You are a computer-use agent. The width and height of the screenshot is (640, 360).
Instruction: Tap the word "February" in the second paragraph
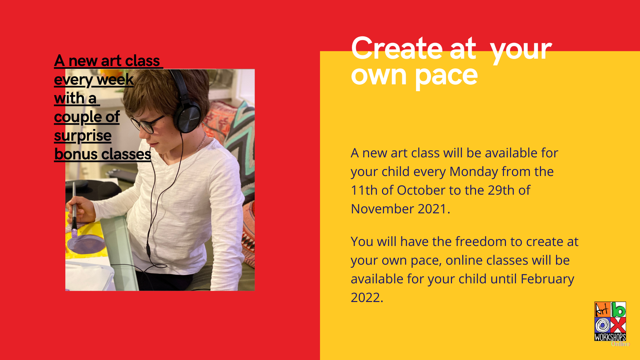(547, 279)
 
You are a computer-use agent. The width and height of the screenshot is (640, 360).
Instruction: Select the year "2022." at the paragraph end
(367, 298)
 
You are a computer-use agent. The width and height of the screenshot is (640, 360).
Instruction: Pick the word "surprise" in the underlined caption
(83, 136)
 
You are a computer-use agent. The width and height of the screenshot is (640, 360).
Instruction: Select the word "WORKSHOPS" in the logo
(610, 337)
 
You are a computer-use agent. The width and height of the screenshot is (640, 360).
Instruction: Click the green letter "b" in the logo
(619, 310)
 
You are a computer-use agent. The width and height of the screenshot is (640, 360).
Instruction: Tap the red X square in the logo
(618, 325)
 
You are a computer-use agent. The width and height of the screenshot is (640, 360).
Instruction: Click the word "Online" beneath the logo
(620, 344)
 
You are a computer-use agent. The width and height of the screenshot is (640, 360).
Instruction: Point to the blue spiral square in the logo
(602, 325)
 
